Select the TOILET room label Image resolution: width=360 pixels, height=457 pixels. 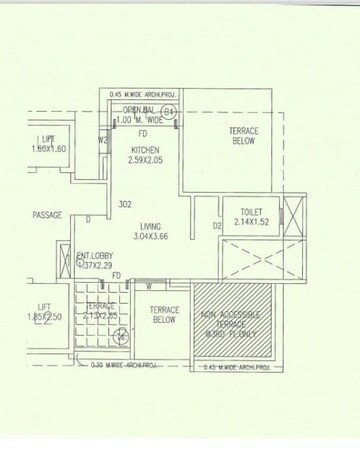click(x=252, y=212)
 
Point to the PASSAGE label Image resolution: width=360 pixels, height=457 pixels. click(x=46, y=214)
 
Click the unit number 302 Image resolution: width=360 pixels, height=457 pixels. click(x=125, y=204)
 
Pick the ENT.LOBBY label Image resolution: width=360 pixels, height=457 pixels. click(x=97, y=255)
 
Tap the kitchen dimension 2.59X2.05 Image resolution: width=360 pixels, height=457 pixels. click(x=147, y=161)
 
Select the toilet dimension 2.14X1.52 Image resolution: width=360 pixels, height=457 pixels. click(x=252, y=224)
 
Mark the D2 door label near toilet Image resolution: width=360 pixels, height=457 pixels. click(x=216, y=226)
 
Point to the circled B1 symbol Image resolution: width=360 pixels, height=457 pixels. click(x=170, y=111)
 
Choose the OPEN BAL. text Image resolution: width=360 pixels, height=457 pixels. click(x=139, y=110)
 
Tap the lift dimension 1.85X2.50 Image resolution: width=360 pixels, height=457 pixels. click(x=47, y=317)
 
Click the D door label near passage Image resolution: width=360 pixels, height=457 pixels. click(x=88, y=219)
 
